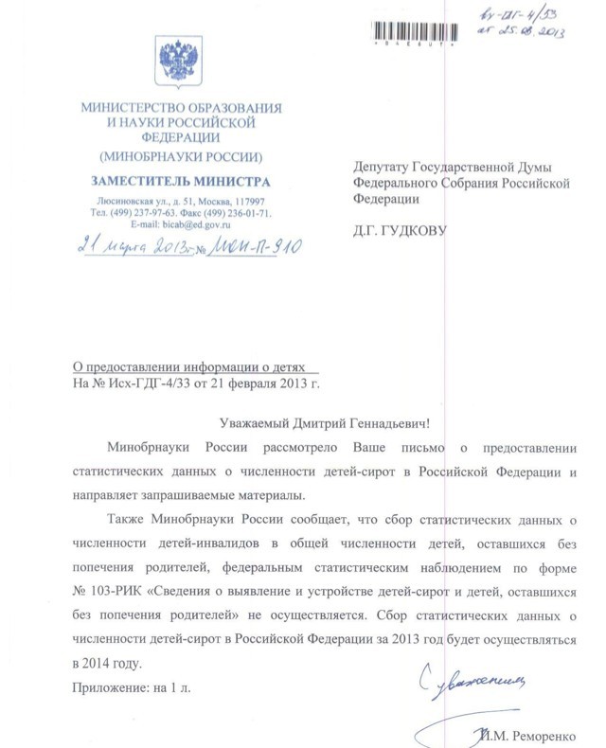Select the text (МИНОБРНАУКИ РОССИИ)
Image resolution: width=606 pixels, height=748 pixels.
(x=180, y=155)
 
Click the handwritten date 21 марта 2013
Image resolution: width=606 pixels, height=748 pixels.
(x=130, y=248)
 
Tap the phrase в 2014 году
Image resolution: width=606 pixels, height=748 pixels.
(x=109, y=664)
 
